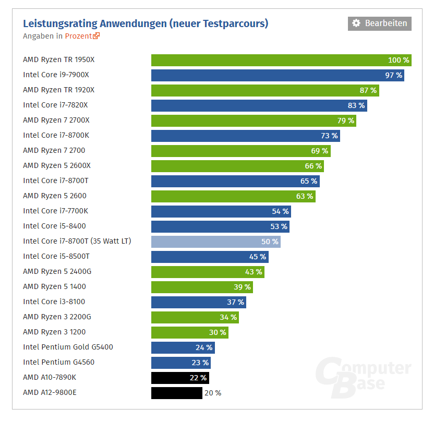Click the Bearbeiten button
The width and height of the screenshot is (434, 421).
pos(379,23)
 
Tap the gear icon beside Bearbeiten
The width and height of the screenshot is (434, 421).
pos(356,23)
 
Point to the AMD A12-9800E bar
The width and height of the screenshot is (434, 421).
pos(176,393)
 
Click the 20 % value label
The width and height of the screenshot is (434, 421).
pos(212,393)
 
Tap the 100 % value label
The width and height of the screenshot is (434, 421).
pos(399,60)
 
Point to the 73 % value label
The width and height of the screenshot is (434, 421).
pos(329,136)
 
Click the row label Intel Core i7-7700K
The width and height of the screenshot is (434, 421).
pos(55,211)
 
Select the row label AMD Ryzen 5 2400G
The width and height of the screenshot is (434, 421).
pos(54,271)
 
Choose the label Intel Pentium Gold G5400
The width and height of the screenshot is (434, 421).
pos(68,347)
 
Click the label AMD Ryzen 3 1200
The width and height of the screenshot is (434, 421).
pos(54,332)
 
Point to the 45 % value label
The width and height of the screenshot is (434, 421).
pos(258,257)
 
